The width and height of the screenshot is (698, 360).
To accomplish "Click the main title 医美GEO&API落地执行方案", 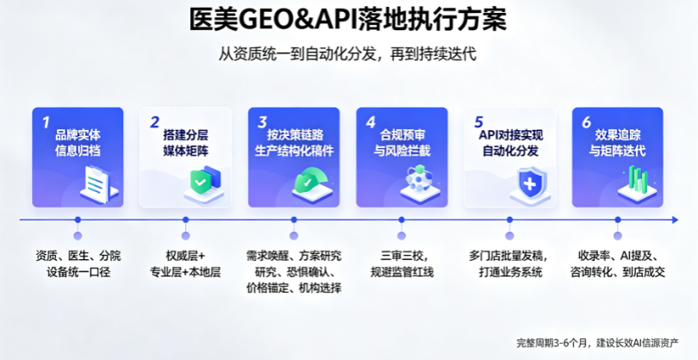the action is coord(348,19).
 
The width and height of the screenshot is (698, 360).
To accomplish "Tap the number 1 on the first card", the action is coord(46,122).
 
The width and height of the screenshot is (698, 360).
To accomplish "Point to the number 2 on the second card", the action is coord(154,122).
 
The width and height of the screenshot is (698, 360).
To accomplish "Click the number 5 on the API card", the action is coord(479,122).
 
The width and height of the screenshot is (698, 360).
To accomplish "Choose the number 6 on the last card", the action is coord(587,122).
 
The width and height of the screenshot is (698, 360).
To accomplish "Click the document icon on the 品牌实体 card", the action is coord(99,184).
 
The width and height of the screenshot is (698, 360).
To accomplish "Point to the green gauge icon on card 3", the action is coord(311,182).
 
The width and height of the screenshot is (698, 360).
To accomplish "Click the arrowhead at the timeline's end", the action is coord(675,220).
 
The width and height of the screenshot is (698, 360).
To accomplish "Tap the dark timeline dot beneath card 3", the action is coord(293,220).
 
